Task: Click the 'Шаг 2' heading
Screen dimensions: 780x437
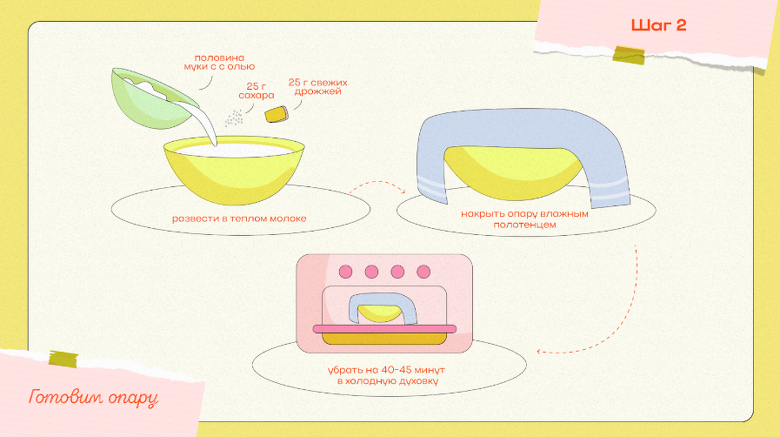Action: (x=658, y=25)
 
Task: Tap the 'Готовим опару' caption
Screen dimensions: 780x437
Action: (x=94, y=397)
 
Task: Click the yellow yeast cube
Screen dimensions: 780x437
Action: (x=277, y=114)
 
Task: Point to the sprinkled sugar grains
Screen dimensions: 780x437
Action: (x=234, y=118)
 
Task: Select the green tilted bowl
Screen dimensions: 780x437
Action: (x=154, y=98)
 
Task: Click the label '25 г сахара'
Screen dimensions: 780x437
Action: (x=257, y=91)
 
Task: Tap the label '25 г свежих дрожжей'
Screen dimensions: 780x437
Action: (x=318, y=86)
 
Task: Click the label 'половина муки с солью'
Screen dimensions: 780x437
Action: (x=219, y=62)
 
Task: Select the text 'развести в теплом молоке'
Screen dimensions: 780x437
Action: (x=239, y=218)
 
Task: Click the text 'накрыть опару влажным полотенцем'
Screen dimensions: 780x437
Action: (x=525, y=219)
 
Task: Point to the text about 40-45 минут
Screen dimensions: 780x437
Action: (x=386, y=376)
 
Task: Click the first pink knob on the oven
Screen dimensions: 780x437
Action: (x=346, y=272)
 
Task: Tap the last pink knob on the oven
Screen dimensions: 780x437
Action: (x=423, y=272)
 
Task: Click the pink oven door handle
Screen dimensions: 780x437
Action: (x=384, y=328)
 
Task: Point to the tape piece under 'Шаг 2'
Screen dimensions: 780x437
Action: (x=629, y=54)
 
